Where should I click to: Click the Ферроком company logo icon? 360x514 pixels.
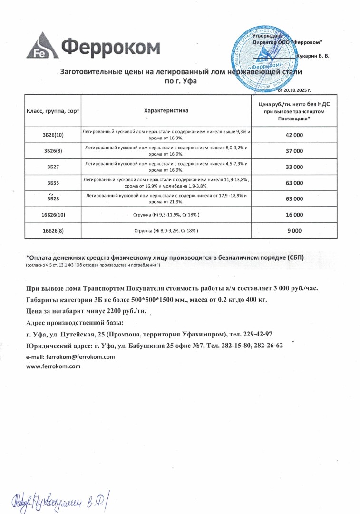click(43, 45)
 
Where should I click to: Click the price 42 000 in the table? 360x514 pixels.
click(294, 135)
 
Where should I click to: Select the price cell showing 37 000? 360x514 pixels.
click(294, 151)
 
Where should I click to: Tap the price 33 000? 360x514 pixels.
click(294, 167)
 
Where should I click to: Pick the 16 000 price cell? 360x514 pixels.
click(294, 215)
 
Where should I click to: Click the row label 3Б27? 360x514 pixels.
click(53, 167)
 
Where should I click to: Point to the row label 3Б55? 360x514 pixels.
click(53, 183)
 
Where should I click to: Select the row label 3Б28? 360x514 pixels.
click(53, 199)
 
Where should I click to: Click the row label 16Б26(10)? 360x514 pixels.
click(53, 215)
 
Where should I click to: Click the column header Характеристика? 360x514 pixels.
click(166, 110)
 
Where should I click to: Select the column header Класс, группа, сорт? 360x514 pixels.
click(53, 110)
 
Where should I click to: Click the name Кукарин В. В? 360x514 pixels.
click(312, 56)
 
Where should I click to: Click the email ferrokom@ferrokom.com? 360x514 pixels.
click(71, 356)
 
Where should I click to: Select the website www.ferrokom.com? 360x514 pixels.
click(53, 366)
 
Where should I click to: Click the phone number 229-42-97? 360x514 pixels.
click(255, 335)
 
